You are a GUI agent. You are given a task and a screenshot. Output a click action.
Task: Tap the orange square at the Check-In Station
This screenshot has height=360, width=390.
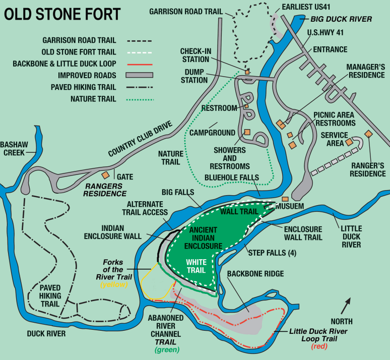(247, 72)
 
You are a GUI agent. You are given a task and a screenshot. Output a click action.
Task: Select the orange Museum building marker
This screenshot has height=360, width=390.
(285, 199)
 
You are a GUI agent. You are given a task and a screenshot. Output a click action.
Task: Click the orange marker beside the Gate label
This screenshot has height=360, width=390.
(106, 174)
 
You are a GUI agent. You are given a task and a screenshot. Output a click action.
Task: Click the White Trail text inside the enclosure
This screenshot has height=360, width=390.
(196, 266)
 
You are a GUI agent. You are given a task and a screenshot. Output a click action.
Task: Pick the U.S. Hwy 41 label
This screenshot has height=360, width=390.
(326, 33)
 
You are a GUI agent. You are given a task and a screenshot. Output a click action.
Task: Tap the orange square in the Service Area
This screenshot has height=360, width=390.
(348, 143)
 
